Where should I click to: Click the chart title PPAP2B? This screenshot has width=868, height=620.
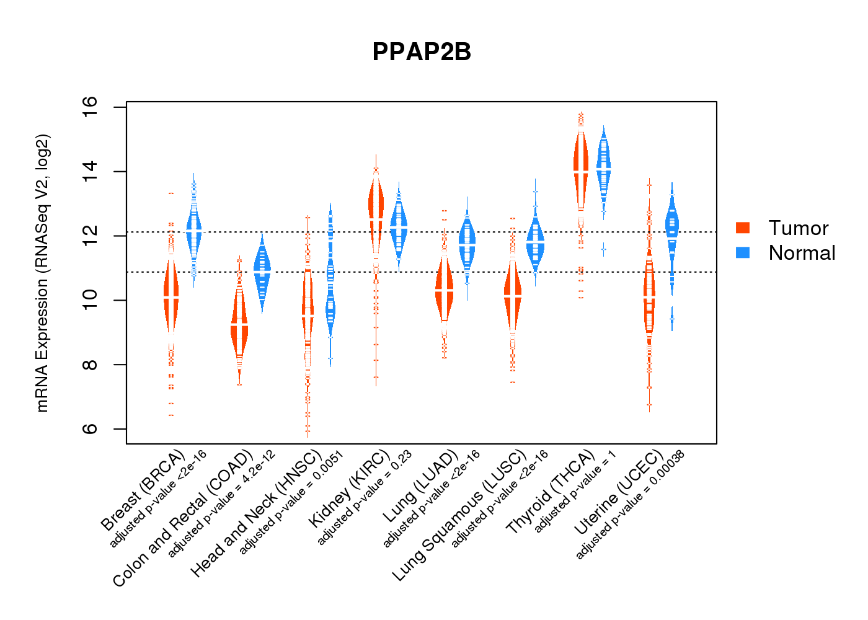coord(422,52)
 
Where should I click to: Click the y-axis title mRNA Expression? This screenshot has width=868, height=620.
coord(42,273)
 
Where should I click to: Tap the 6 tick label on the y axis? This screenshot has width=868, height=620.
coord(91,429)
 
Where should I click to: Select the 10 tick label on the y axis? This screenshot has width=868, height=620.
coord(91,301)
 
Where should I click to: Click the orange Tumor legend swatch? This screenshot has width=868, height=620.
coord(743,228)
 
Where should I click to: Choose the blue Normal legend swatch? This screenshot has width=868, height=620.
coord(743,252)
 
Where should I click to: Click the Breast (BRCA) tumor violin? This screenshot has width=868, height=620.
coord(171,298)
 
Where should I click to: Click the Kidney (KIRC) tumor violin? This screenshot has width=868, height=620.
coord(376,211)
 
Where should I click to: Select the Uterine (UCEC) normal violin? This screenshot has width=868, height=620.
coord(671,229)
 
